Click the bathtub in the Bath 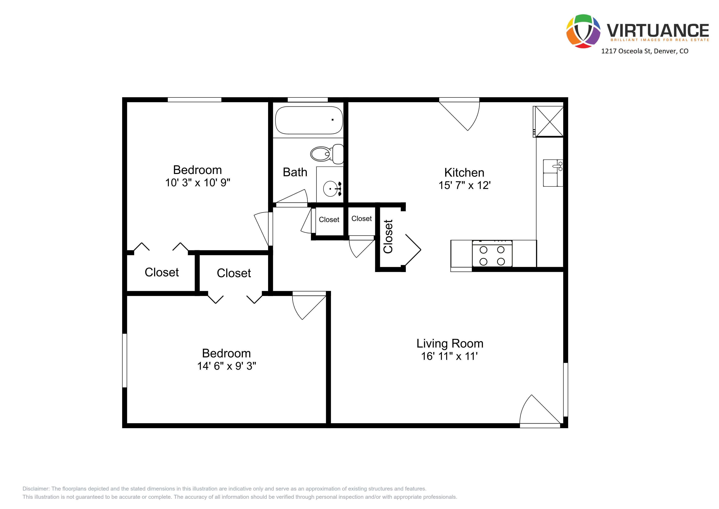[x=309, y=120]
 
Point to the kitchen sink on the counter [x=553, y=173]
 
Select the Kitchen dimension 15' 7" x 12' [x=464, y=185]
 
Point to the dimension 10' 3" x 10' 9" [x=198, y=182]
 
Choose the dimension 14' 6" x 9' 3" [x=226, y=366]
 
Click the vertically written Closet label [x=388, y=236]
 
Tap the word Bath [x=295, y=172]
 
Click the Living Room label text [x=450, y=343]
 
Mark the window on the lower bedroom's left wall [x=125, y=360]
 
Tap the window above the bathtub [x=307, y=100]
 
